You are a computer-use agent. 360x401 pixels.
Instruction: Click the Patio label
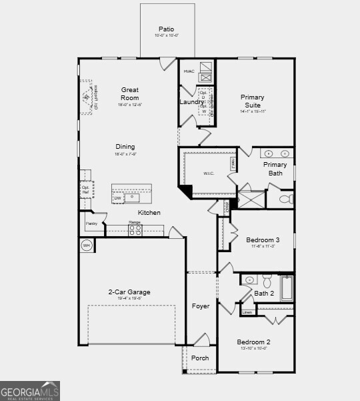tap(167, 29)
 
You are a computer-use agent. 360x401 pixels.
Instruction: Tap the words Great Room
tap(130, 93)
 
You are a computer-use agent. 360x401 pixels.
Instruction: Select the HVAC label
tap(189, 71)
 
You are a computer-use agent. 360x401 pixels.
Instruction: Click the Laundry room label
tap(192, 102)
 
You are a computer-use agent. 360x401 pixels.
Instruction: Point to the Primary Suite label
tap(252, 101)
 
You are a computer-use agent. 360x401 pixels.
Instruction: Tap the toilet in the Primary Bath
tap(285, 199)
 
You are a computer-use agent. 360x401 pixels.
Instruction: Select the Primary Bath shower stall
tap(250, 199)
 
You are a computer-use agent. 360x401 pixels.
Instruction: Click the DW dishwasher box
tap(117, 198)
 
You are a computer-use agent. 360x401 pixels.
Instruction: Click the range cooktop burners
tap(135, 230)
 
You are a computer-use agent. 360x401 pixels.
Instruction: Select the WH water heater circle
tap(86, 246)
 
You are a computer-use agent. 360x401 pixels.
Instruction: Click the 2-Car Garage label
tap(129, 292)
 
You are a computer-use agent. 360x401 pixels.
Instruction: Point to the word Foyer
tap(201, 306)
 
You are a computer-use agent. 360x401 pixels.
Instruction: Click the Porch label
tap(200, 358)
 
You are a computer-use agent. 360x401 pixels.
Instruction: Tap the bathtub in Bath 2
tap(287, 288)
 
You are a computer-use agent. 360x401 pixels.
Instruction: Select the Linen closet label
tap(247, 312)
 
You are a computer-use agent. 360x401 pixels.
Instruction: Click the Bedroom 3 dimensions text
tap(262, 246)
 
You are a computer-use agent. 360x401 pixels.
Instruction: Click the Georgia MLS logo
tap(30, 390)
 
